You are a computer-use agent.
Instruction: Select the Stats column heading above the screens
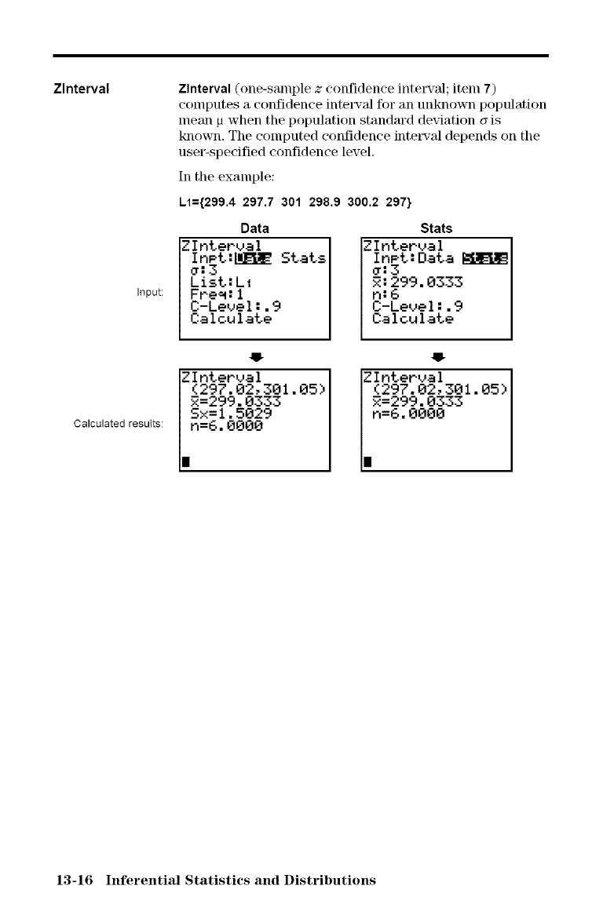pyautogui.click(x=436, y=228)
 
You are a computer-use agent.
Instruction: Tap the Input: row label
pyautogui.click(x=150, y=293)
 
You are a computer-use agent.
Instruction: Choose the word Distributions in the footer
pyautogui.click(x=331, y=880)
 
